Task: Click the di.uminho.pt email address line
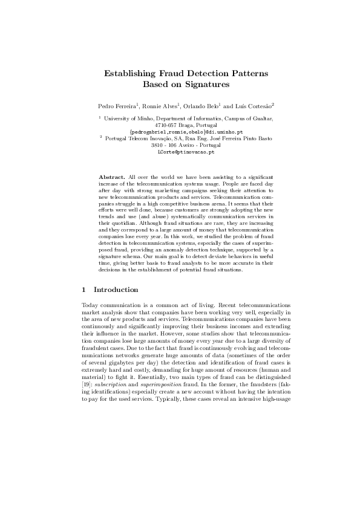(186, 131)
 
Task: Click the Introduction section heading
(116, 290)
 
